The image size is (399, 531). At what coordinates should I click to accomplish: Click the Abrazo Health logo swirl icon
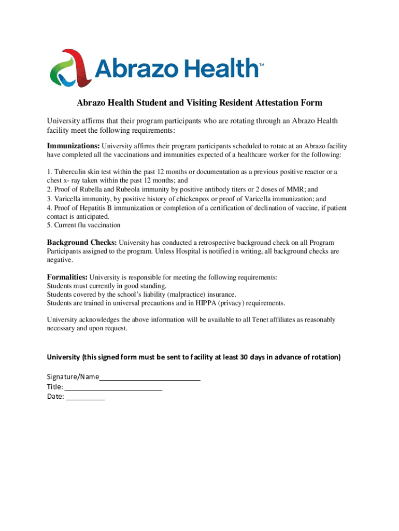70,69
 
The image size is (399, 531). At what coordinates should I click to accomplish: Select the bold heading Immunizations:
74,146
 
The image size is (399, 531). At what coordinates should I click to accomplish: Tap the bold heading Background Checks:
82,242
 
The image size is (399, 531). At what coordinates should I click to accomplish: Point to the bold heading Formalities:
67,277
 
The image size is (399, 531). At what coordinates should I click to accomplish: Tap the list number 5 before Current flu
49,226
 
